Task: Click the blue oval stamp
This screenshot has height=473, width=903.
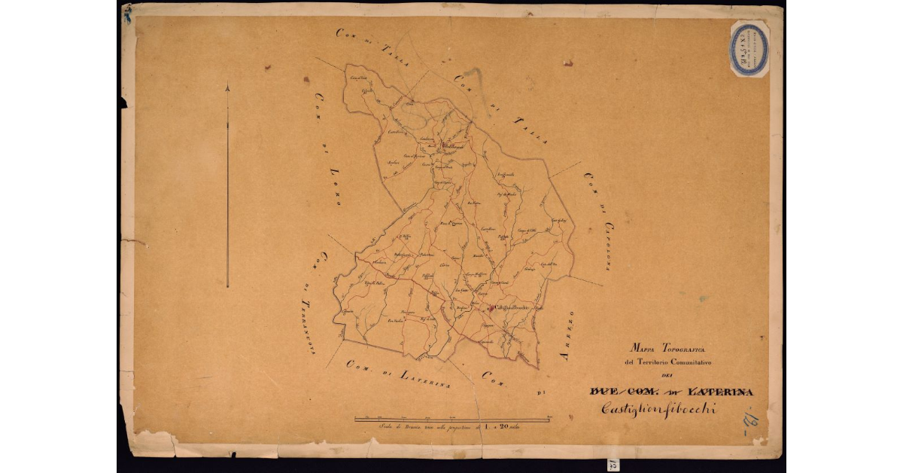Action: point(749,48)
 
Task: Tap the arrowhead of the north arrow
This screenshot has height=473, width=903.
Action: point(227,88)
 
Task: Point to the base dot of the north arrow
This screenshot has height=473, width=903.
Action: point(227,286)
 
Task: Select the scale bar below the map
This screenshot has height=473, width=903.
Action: point(452,418)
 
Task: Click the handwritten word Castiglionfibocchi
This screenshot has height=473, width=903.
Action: point(658,408)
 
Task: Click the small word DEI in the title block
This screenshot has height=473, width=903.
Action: point(666,376)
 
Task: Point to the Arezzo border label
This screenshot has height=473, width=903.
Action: point(567,334)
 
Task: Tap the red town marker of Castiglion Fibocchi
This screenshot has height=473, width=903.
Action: point(491,307)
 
